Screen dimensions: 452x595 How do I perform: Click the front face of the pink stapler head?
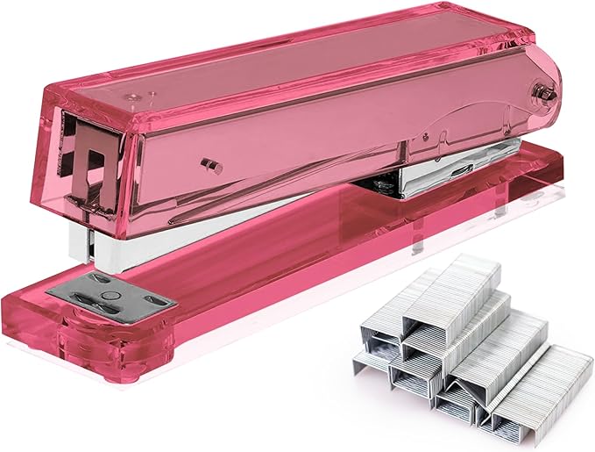(x=96, y=167)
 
